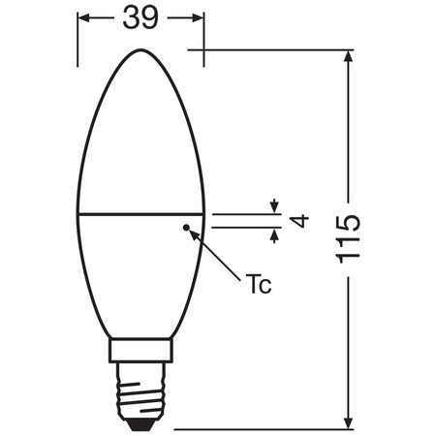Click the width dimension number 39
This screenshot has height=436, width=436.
[x=141, y=19]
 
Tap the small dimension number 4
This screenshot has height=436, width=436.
[x=299, y=220]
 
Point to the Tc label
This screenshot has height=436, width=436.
[x=258, y=285]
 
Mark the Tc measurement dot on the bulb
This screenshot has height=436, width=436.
[x=185, y=227]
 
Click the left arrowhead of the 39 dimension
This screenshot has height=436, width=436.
[x=83, y=19]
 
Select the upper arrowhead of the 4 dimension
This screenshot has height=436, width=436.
[x=275, y=206]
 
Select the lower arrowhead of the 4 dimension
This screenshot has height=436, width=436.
[x=275, y=233]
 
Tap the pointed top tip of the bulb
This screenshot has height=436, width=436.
[x=140, y=49]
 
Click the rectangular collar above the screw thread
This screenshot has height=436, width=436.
[x=140, y=351]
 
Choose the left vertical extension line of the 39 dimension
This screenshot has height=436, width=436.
[x=78, y=39]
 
